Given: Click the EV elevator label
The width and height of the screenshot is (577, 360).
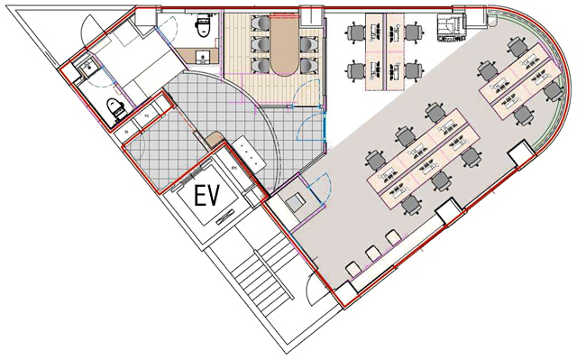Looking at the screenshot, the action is [206, 196].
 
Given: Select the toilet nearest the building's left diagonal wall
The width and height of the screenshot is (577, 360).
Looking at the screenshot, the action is [115, 109].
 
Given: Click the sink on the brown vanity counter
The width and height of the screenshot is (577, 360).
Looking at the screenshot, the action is [202, 57].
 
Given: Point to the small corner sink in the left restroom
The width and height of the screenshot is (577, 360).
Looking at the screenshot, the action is [87, 69].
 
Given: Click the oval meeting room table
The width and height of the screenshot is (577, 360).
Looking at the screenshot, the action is [284, 45].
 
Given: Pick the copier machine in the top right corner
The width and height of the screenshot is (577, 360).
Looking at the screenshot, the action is [449, 28].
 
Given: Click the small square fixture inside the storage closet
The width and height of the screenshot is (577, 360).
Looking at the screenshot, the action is [295, 203].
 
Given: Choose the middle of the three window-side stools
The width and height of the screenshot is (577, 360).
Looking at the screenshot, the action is [372, 254].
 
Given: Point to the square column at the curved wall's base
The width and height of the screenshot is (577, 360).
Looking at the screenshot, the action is [520, 155].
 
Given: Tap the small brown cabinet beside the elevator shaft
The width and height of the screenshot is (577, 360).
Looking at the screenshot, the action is [215, 140].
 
